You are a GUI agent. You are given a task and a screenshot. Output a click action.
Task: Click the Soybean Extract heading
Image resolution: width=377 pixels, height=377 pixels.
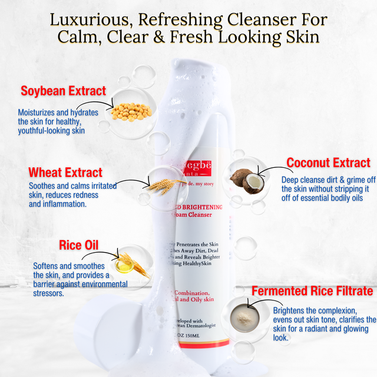(x=63, y=91)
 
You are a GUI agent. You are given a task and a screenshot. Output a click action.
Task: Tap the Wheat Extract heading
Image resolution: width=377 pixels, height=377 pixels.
(x=65, y=173)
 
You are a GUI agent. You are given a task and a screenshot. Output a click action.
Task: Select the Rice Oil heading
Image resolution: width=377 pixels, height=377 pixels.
(x=79, y=244)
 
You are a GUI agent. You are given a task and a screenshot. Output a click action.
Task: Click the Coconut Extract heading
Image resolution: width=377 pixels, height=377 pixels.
(x=328, y=163)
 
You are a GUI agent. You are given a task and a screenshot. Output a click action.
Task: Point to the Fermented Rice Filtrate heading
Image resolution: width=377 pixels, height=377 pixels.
(x=312, y=291)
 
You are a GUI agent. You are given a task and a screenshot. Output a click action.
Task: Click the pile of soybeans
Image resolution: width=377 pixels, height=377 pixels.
(x=131, y=111)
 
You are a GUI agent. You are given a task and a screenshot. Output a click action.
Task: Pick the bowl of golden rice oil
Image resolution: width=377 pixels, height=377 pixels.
(x=124, y=266)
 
